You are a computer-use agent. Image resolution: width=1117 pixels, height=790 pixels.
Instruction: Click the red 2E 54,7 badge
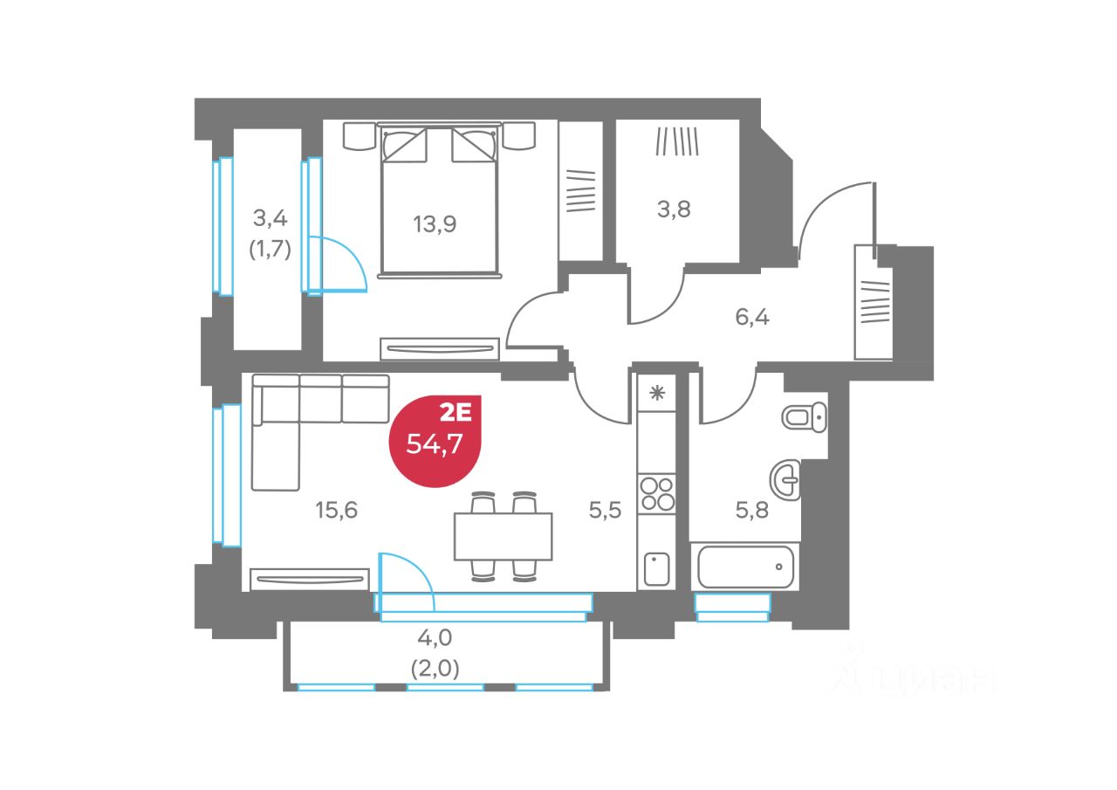tap(435, 439)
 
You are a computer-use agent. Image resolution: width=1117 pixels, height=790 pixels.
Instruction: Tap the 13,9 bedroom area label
tap(435, 223)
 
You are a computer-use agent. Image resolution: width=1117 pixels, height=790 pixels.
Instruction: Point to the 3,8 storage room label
tap(674, 210)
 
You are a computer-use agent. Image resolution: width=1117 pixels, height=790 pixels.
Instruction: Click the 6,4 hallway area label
tap(752, 316)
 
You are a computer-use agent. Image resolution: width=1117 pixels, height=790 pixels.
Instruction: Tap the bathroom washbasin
tap(785, 480)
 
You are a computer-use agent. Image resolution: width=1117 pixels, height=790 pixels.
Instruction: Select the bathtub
tap(745, 567)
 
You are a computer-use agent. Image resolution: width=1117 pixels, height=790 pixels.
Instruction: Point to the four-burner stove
tap(657, 493)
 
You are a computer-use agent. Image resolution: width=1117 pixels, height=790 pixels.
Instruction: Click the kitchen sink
tap(656, 569)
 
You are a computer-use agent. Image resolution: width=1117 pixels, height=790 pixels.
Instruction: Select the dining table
tap(503, 536)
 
